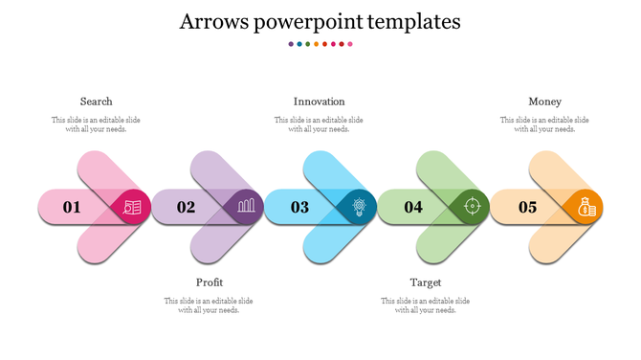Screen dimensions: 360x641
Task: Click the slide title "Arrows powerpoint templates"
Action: click(320, 21)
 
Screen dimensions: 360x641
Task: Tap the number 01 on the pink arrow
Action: click(72, 207)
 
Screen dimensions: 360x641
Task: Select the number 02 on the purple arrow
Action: click(186, 207)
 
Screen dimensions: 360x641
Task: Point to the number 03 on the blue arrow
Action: click(299, 207)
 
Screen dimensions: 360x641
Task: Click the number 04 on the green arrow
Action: click(413, 207)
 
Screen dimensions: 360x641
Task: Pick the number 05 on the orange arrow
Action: click(527, 207)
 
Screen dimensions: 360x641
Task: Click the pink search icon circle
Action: click(131, 207)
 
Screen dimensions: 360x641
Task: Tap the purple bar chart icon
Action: click(245, 206)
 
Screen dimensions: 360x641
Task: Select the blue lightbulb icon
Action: click(358, 206)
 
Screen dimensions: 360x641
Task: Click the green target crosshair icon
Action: click(471, 206)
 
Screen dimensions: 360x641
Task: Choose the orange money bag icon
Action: click(584, 206)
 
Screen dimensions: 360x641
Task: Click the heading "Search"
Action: click(96, 101)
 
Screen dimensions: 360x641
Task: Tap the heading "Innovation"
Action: click(319, 101)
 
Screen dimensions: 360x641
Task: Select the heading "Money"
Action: click(544, 101)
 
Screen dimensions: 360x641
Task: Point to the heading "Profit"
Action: click(210, 282)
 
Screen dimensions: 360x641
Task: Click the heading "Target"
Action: click(426, 282)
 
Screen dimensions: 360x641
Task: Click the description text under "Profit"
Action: click(209, 305)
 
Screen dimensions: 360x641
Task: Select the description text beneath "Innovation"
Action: click(319, 124)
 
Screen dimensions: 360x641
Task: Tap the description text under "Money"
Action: click(544, 124)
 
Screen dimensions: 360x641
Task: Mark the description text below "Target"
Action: click(426, 305)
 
